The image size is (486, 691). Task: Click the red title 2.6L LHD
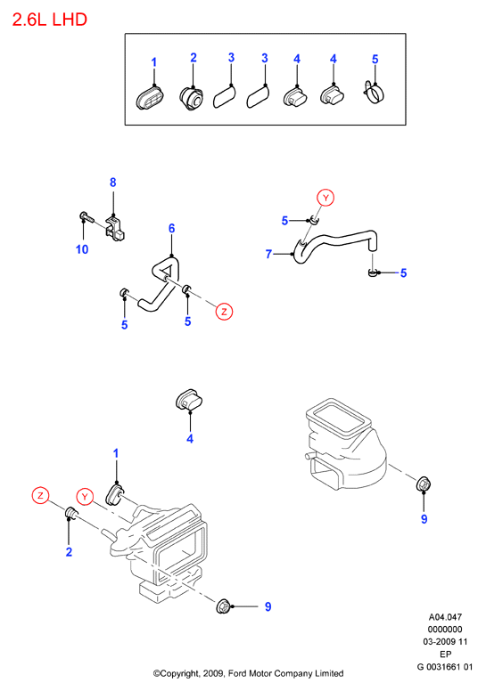[50, 20]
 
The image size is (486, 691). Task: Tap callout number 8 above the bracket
[113, 183]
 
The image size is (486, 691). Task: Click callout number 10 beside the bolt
[82, 249]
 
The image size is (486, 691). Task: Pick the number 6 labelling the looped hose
[172, 228]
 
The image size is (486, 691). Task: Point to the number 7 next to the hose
[268, 255]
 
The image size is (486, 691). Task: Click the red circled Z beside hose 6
[224, 312]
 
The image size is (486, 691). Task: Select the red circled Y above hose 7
[325, 198]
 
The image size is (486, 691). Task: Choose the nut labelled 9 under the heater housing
[223, 606]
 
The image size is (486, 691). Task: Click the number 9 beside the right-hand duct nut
[424, 519]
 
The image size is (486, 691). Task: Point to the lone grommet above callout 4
[189, 401]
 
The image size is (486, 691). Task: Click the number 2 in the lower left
[69, 552]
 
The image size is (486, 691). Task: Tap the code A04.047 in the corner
[445, 617]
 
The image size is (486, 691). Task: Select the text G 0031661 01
[445, 667]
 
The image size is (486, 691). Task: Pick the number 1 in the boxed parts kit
[154, 62]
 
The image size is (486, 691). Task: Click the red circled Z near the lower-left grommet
[41, 496]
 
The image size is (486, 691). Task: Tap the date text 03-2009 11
[445, 642]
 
